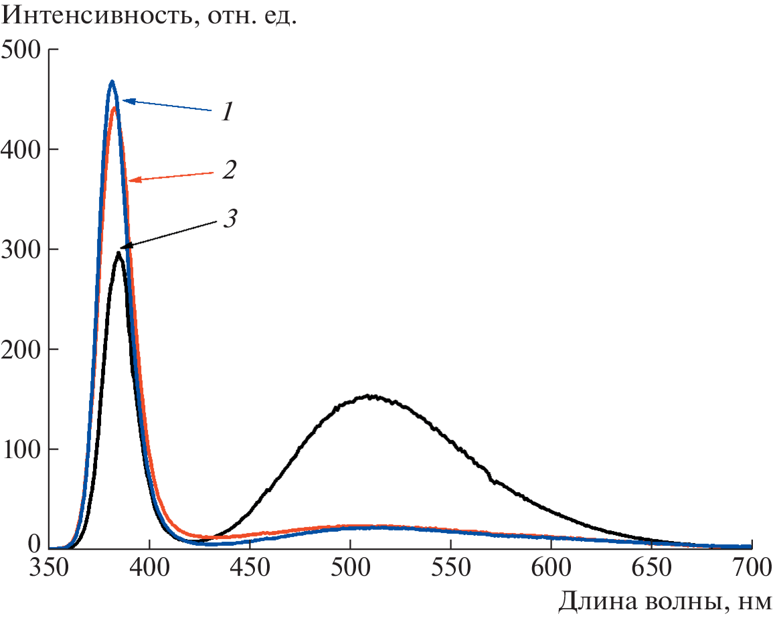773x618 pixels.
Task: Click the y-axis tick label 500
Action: coord(21,50)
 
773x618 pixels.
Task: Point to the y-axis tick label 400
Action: coord(21,149)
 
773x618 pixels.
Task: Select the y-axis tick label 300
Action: coord(21,249)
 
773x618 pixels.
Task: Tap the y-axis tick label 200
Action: coord(21,349)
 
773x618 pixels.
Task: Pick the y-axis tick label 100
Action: coord(21,449)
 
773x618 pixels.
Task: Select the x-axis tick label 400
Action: coord(149,570)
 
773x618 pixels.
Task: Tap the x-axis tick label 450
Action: coord(250,570)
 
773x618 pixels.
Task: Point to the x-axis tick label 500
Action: coord(350,570)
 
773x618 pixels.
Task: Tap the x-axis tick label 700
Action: coord(749,570)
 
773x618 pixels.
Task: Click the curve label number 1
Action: coord(228,112)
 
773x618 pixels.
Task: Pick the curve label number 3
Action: coord(230,219)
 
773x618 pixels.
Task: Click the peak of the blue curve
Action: coord(112,82)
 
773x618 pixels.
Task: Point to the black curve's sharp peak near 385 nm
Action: coord(118,253)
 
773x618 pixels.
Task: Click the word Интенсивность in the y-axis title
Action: coord(90,16)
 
